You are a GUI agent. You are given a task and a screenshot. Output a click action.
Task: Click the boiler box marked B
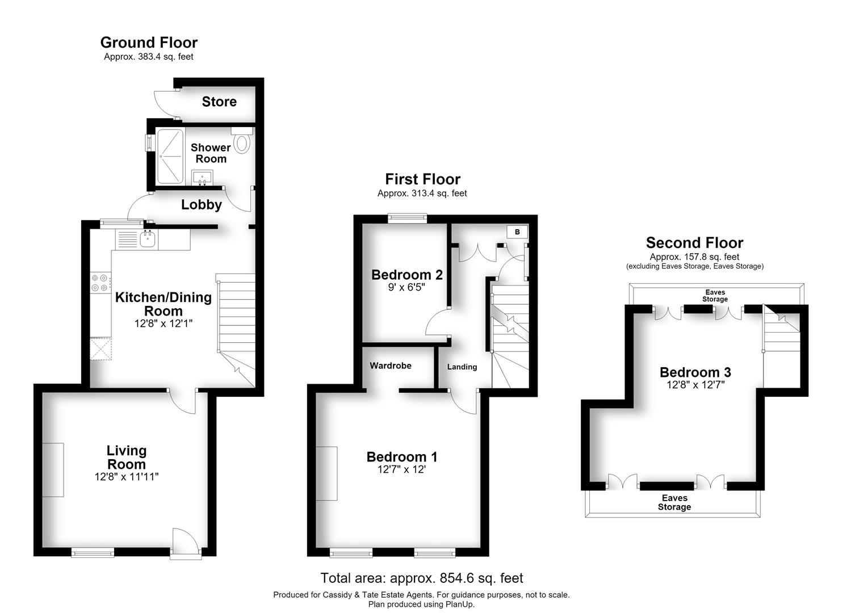click(x=518, y=232)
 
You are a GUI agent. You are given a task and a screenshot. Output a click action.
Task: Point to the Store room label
click(x=219, y=102)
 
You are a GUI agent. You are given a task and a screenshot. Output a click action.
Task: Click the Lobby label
click(x=202, y=205)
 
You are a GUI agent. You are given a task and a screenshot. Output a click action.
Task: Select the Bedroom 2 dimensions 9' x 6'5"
click(x=406, y=288)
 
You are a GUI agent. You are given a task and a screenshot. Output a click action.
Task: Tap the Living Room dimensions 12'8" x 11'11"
click(x=127, y=477)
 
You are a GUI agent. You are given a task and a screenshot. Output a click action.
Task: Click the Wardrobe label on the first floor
click(x=391, y=366)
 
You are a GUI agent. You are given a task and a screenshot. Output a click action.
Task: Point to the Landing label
click(x=462, y=367)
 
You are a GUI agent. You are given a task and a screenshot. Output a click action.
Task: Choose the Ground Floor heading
click(x=149, y=43)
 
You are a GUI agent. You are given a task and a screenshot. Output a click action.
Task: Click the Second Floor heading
click(x=695, y=243)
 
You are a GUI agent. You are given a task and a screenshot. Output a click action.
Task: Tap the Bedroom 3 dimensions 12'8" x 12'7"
click(x=696, y=385)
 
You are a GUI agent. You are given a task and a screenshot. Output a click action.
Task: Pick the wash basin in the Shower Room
click(x=203, y=178)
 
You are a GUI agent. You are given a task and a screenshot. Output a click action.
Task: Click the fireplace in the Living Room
click(x=53, y=470)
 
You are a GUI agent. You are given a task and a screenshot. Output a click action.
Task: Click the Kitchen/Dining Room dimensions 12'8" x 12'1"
click(x=163, y=324)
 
